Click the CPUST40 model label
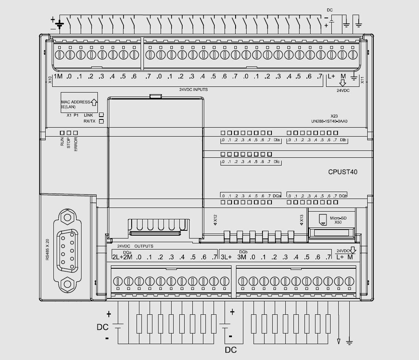[x=343, y=172]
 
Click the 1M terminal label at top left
[x=57, y=77]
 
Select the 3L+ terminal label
[x=226, y=257]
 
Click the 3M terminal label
[x=242, y=257]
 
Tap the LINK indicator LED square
[x=101, y=115]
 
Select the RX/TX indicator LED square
[x=101, y=121]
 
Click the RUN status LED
[x=62, y=133]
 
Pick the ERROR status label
[x=76, y=145]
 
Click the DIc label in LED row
[x=277, y=162]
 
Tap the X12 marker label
[x=215, y=220]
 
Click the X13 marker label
[x=301, y=220]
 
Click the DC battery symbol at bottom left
[x=118, y=326]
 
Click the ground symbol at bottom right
[x=349, y=342]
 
